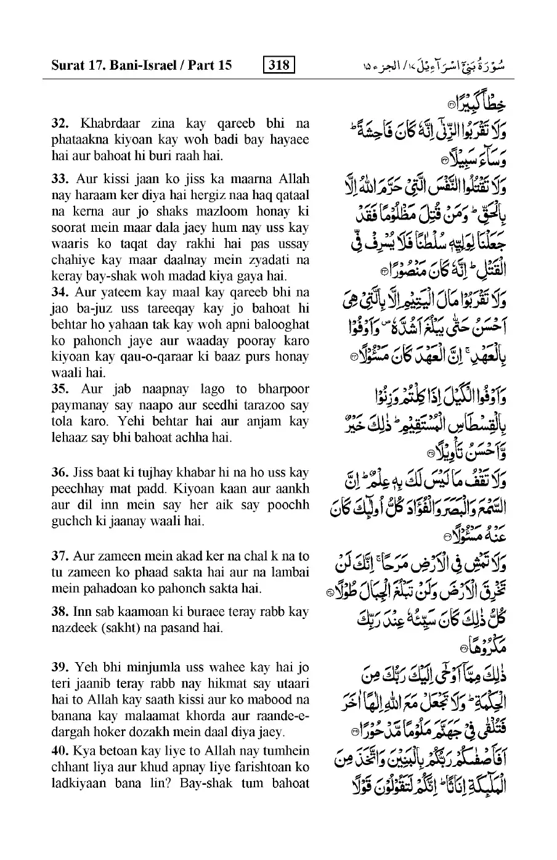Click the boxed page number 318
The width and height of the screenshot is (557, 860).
pyautogui.click(x=278, y=64)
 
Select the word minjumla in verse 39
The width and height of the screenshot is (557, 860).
pyautogui.click(x=152, y=668)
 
